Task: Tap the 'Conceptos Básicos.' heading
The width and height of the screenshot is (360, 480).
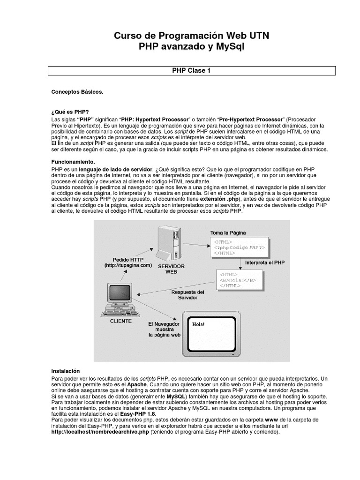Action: (x=77, y=92)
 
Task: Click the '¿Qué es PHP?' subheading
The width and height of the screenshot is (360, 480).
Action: (x=70, y=113)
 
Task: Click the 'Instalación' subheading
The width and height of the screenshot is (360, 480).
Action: (x=66, y=370)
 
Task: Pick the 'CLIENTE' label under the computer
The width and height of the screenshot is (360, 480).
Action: (x=120, y=321)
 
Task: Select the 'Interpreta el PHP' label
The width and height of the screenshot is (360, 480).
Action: (x=265, y=262)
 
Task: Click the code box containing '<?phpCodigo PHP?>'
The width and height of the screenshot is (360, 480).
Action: (x=239, y=247)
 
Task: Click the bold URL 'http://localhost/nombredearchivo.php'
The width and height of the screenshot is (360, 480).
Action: (x=100, y=432)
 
